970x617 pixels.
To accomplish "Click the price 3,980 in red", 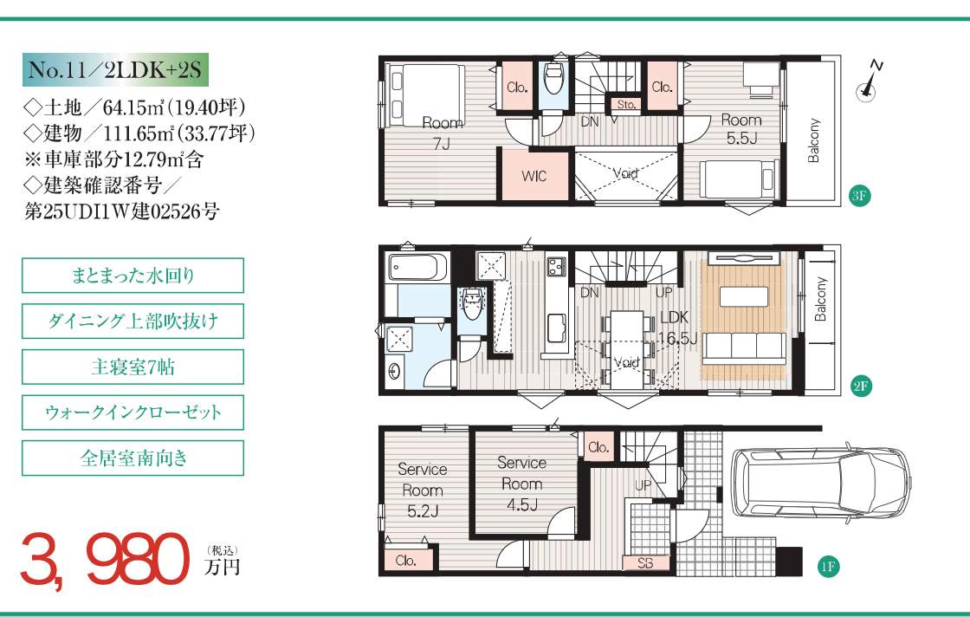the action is (105, 561).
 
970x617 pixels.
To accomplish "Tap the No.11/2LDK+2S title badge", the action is (116, 70).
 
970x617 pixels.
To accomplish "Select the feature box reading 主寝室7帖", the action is (133, 367).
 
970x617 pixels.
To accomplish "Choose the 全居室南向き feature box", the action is (133, 458).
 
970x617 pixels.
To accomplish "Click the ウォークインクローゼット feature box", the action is (133, 412).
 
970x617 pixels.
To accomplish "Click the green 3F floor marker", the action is (859, 197).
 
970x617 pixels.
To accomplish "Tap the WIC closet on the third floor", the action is (533, 175).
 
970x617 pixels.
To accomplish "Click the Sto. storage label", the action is (626, 105).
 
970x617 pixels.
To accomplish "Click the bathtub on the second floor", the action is (417, 266).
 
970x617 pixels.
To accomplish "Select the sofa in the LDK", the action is (744, 348).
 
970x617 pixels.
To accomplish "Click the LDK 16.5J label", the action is (676, 328).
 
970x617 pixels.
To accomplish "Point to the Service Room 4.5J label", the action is (521, 484).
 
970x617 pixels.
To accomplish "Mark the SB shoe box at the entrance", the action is (645, 563).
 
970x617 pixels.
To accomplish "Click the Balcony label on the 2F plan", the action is (820, 299).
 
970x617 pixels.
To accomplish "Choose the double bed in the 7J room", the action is (425, 95).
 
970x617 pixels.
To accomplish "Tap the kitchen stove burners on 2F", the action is (555, 267).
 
